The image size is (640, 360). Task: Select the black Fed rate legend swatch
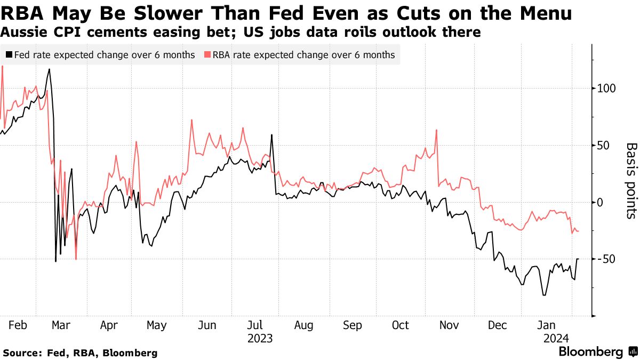(9, 55)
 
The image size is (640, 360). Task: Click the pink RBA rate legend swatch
(206, 55)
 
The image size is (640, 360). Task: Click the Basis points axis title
(631, 180)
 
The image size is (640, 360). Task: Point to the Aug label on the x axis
(303, 325)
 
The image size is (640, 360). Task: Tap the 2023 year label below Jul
(260, 338)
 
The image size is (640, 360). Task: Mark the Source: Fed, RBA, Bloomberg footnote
(81, 353)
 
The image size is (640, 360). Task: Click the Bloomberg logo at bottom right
(590, 352)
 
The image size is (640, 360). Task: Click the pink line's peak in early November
(437, 130)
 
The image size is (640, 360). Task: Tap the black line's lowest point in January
(543, 295)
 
